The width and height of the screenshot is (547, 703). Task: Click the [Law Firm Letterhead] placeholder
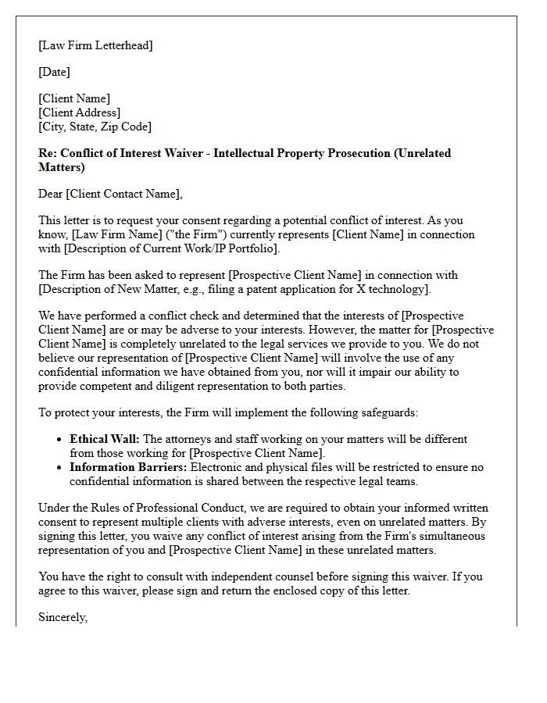tap(95, 45)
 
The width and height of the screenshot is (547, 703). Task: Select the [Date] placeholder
tap(54, 72)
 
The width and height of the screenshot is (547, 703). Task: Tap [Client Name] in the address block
tap(74, 98)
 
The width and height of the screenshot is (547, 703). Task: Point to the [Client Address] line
tap(79, 112)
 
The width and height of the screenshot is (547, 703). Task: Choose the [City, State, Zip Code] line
tap(95, 127)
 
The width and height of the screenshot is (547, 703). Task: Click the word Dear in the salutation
tap(52, 194)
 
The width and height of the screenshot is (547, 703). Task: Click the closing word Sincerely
tap(63, 617)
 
